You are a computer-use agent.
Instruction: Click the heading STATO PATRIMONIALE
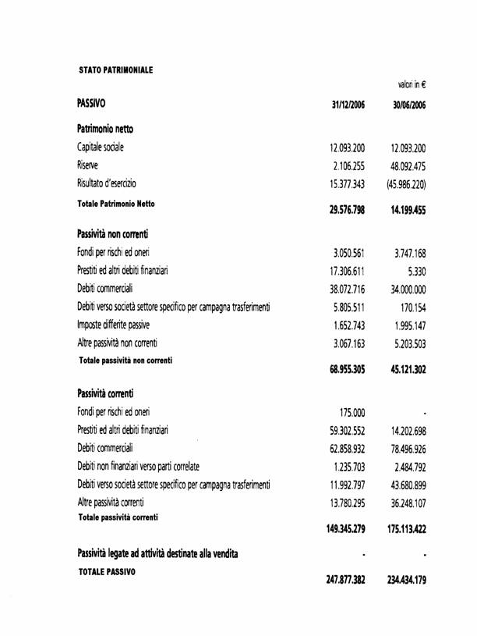pos(115,69)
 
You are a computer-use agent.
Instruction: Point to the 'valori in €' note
pos(412,83)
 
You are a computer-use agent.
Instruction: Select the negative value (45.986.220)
pos(405,186)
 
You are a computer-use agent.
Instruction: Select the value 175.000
pos(353,411)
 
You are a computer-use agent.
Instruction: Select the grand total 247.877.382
pos(347,581)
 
